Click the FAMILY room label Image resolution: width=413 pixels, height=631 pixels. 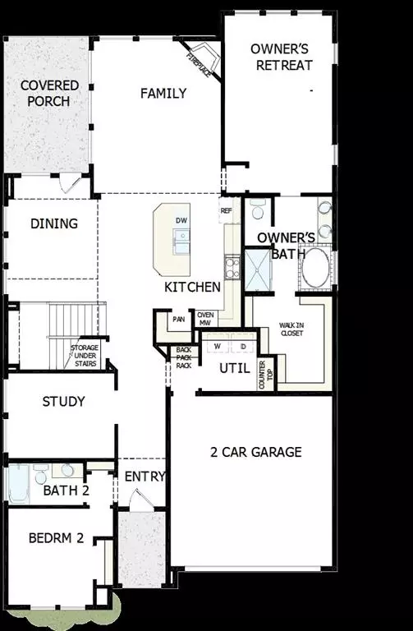[163, 93]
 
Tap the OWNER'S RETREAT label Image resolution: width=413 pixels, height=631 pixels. [280, 57]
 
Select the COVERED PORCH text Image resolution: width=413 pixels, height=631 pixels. [49, 93]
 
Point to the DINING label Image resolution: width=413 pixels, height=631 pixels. [54, 223]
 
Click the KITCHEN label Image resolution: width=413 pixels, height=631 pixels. [192, 287]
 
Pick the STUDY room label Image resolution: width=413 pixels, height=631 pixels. [64, 402]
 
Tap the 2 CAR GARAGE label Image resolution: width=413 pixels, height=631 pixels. [255, 452]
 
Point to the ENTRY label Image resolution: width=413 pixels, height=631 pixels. [145, 477]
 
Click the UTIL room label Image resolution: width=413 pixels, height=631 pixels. [234, 368]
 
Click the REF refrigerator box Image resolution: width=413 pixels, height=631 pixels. [227, 210]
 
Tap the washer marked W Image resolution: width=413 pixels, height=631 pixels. [218, 347]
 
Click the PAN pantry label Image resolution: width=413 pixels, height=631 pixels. [178, 320]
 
